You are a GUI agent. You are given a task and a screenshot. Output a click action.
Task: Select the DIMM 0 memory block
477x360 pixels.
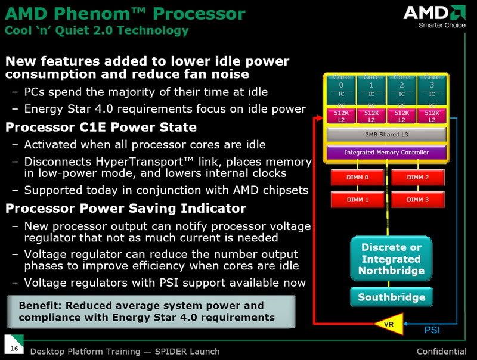pos(358,178)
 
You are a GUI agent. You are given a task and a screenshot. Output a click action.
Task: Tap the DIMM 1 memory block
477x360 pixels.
pos(358,200)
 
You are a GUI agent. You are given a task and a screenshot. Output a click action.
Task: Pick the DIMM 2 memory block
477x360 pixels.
pos(418,178)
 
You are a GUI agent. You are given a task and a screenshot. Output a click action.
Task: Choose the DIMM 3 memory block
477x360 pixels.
pos(418,200)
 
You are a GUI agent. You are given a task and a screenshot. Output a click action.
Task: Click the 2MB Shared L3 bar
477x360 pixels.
pos(386,135)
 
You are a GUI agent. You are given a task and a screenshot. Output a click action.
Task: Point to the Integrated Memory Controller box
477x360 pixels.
pos(386,153)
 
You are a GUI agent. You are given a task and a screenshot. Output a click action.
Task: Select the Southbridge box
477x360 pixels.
pos(391,297)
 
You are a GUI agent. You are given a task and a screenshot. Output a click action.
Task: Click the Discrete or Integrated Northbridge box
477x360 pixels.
pos(391,259)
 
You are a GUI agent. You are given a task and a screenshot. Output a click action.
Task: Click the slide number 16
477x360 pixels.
pos(14,347)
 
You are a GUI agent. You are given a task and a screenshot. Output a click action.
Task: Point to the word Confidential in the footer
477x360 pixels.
pos(441,351)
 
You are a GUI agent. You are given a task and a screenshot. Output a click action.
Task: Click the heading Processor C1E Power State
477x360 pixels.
pos(101,127)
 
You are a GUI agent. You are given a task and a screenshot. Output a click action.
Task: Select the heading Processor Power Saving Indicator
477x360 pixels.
pos(125,208)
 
